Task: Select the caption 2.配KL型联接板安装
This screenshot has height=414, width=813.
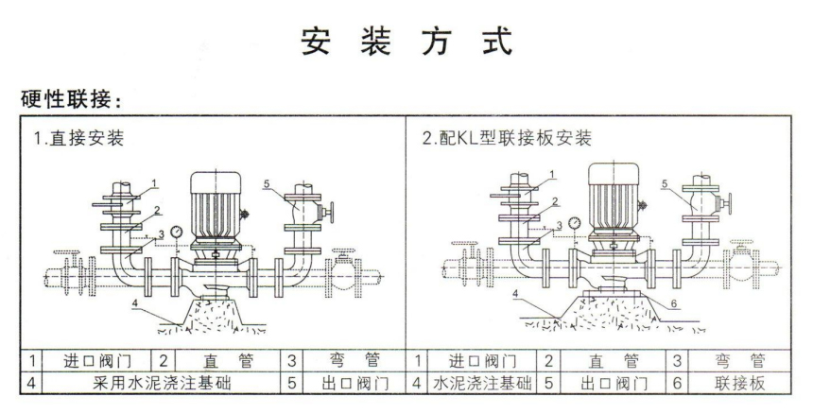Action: pyautogui.click(x=508, y=139)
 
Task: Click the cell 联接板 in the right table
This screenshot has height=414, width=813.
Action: pyautogui.click(x=738, y=384)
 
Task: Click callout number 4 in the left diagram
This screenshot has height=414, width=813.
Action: pyautogui.click(x=135, y=302)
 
